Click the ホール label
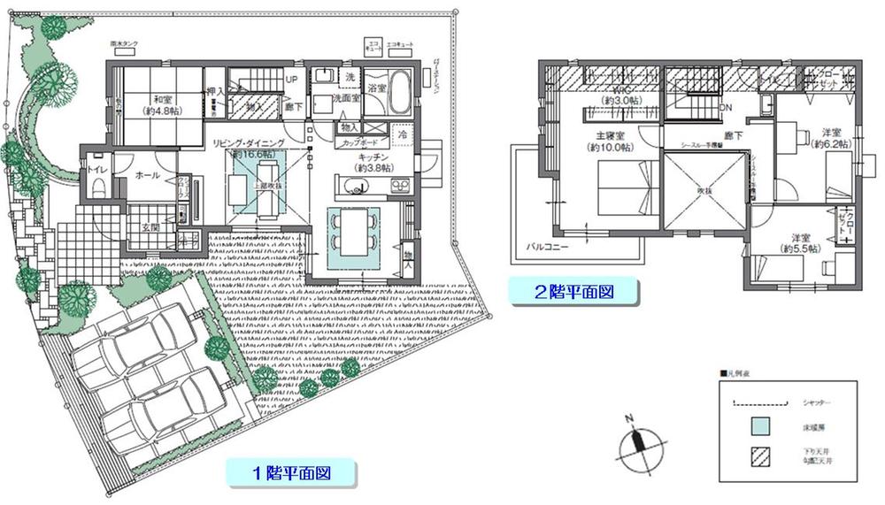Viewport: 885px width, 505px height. click(148, 176)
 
